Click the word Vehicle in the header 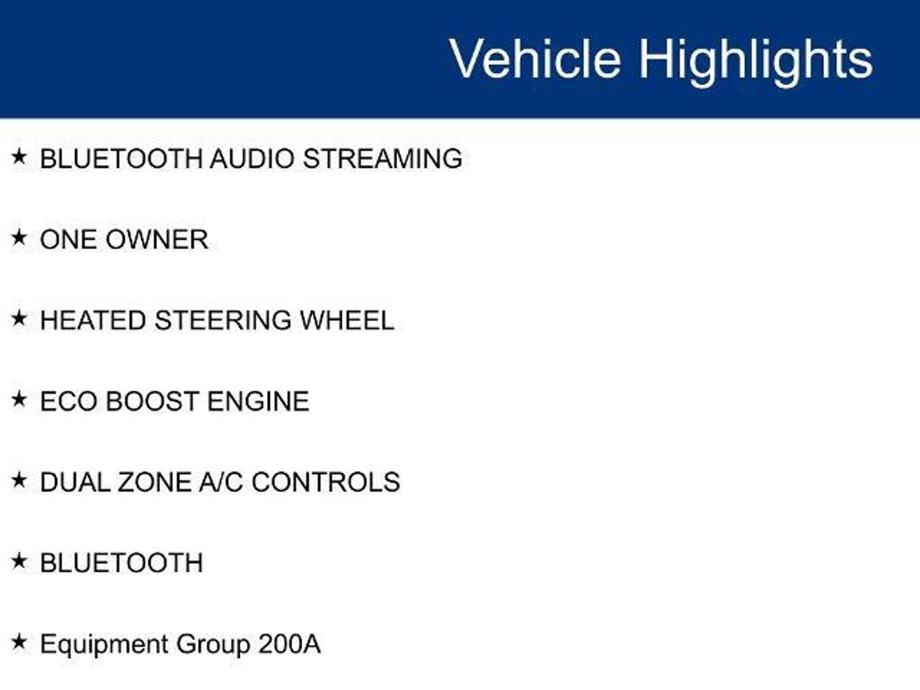click(535, 59)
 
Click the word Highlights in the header click(756, 62)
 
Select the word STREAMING click(382, 159)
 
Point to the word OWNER click(157, 239)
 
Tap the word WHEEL click(347, 320)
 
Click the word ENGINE click(258, 401)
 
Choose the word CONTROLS click(326, 482)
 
